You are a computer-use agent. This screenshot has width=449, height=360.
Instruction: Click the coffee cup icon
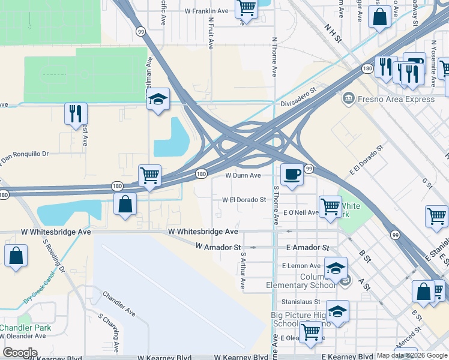pyautogui.click(x=292, y=175)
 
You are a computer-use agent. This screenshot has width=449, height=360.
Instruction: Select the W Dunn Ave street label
pyautogui.click(x=243, y=176)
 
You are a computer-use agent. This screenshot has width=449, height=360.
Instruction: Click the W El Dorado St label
pyautogui.click(x=244, y=200)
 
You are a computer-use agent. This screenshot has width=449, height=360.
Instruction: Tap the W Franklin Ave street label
pyautogui.click(x=206, y=11)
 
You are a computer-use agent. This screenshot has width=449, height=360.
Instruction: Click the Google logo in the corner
pyautogui.click(x=20, y=352)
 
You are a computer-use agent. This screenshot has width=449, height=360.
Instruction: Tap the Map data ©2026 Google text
pyautogui.click(x=412, y=355)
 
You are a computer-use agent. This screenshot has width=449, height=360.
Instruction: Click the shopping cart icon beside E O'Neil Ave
pyautogui.click(x=330, y=207)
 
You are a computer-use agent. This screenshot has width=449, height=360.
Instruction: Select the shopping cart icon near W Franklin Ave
pyautogui.click(x=246, y=8)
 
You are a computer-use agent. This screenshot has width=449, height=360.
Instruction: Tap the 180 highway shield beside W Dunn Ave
pyautogui.click(x=202, y=174)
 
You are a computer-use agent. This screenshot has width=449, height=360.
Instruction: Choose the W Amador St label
pyautogui.click(x=218, y=247)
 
